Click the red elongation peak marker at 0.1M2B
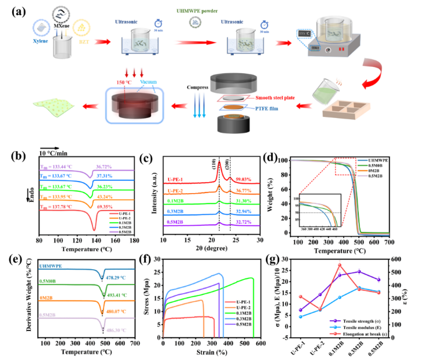340,265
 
